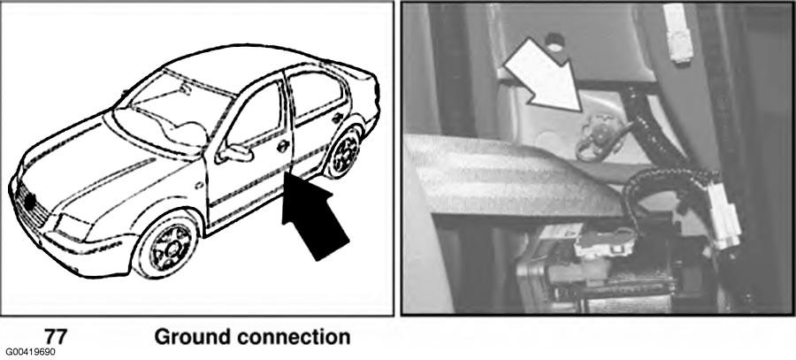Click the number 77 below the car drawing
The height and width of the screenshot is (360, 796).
pos(56,337)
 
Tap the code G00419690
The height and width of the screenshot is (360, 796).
pos(30,352)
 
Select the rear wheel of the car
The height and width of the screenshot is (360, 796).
pos(344,151)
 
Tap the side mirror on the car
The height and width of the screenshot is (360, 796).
pos(234,153)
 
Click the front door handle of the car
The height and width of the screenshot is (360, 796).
pos(283,146)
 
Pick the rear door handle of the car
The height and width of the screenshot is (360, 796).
pos(337,118)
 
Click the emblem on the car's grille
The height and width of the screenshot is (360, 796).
pos(30,202)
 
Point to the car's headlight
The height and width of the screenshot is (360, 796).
pos(74,228)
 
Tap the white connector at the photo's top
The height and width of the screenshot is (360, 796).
pos(677,33)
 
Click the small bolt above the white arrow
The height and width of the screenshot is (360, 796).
pos(555,43)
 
